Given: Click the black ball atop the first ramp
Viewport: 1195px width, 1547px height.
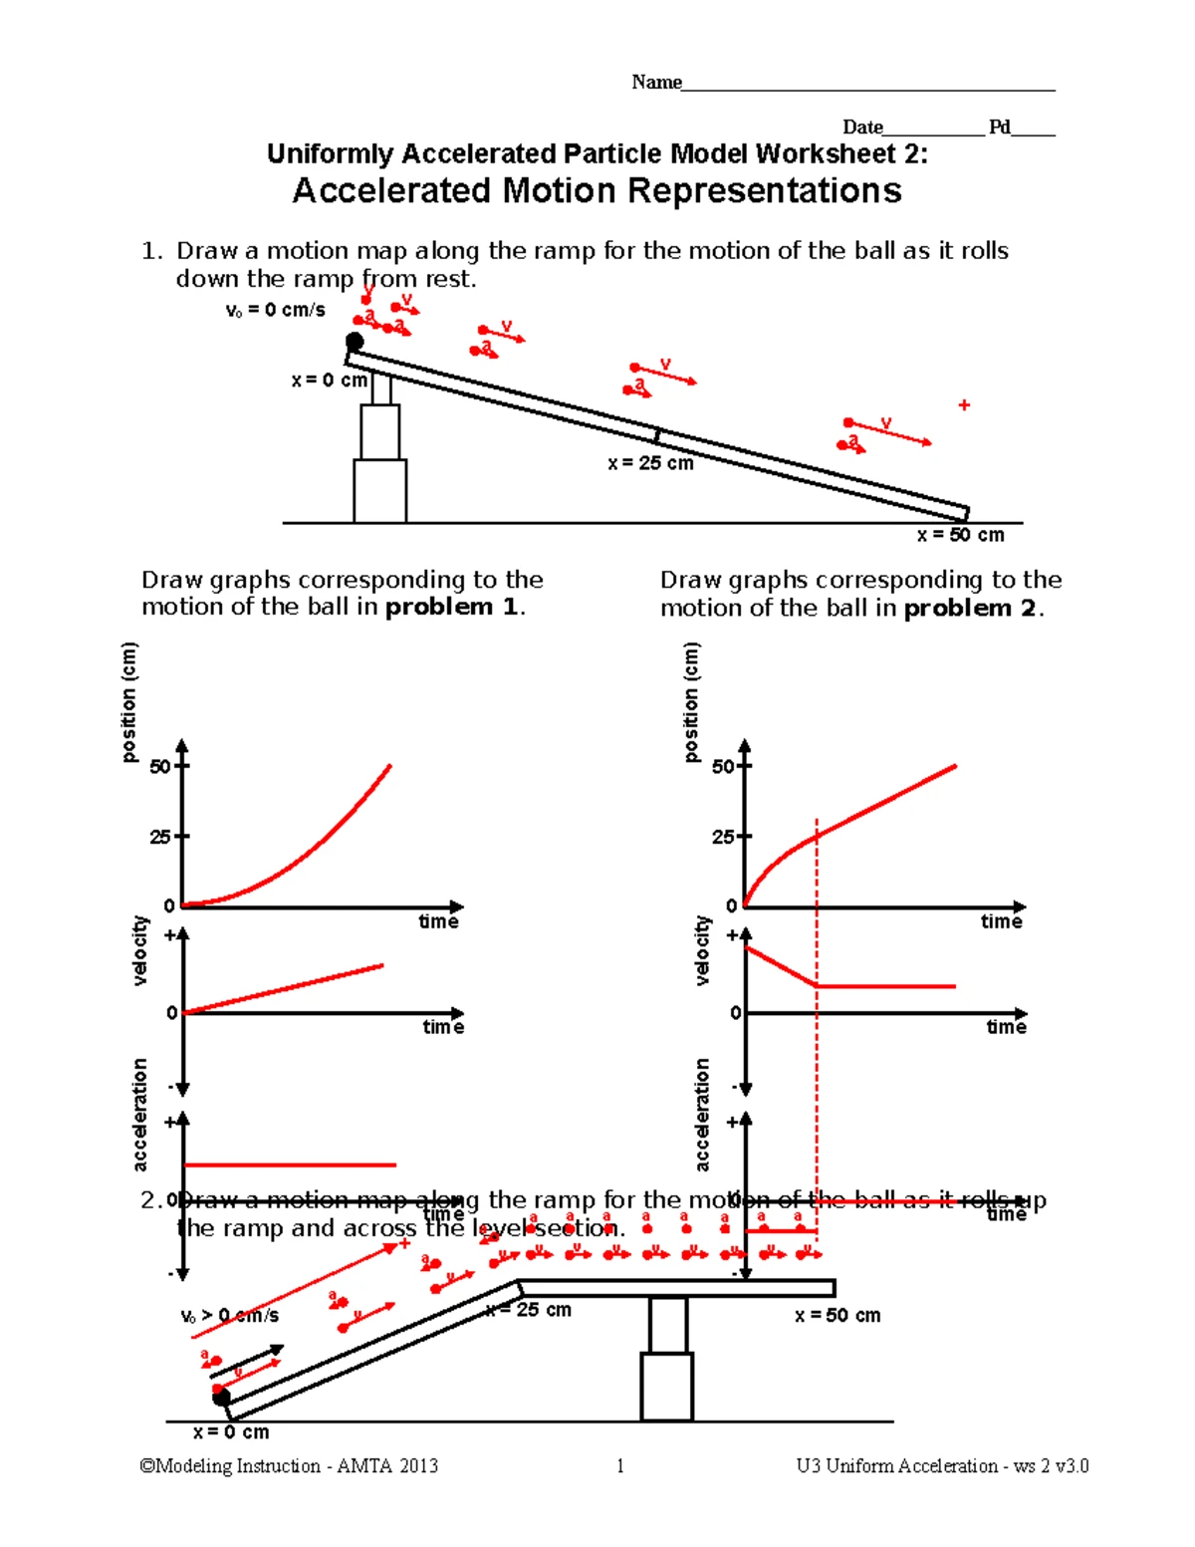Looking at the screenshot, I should coord(355,342).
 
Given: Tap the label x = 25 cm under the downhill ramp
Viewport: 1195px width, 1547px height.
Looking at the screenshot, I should coord(650,463).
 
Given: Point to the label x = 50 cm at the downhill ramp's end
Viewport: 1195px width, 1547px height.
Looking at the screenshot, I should coord(960,535).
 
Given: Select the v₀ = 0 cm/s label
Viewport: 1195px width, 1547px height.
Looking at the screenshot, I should coord(276,310).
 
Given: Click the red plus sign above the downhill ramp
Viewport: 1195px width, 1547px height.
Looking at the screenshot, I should coord(964,404).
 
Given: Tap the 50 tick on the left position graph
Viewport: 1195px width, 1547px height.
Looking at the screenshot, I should coord(159,767).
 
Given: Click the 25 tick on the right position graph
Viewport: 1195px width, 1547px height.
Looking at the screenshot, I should coord(723,837).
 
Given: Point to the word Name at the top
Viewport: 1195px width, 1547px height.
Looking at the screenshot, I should coord(656,83).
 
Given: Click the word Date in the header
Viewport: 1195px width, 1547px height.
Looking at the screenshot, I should coord(862,128).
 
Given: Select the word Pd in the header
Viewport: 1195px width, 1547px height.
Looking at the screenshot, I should coord(999,128).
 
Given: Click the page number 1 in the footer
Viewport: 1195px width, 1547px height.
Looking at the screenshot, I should coord(620,1465).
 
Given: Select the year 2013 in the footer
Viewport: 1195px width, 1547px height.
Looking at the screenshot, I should coord(418,1465).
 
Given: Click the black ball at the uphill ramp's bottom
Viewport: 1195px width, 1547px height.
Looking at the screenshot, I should coord(221,1397).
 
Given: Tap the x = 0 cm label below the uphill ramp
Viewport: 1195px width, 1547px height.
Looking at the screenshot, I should coord(231,1432).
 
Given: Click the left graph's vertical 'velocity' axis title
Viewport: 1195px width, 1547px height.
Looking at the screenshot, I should coord(140,950).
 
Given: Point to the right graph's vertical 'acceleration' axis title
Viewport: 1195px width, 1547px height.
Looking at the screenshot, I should coord(703,1114).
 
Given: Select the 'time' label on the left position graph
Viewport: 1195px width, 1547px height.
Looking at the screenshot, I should coord(438,921).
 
